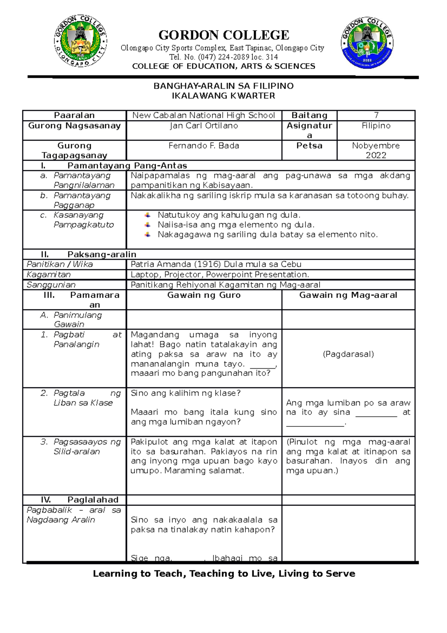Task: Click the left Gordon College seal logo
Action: (x=80, y=41)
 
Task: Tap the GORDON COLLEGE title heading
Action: (x=223, y=35)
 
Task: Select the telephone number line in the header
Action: (x=223, y=57)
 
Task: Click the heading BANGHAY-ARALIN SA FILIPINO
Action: (x=223, y=86)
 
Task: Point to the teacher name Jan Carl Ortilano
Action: (x=204, y=126)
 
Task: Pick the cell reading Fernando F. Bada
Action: (x=204, y=146)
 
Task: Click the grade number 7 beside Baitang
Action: (x=376, y=115)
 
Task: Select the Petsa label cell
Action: (x=309, y=146)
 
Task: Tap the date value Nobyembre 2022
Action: (x=376, y=150)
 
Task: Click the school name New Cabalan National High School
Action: (x=204, y=116)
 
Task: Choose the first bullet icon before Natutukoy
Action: (x=148, y=215)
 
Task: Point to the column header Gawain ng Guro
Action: (x=204, y=295)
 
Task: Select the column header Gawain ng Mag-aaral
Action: (x=348, y=295)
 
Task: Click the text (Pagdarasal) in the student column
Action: (x=348, y=354)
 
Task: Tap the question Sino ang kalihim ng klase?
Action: (x=186, y=393)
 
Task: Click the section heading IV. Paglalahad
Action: (x=74, y=500)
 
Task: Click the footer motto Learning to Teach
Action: (x=223, y=574)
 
